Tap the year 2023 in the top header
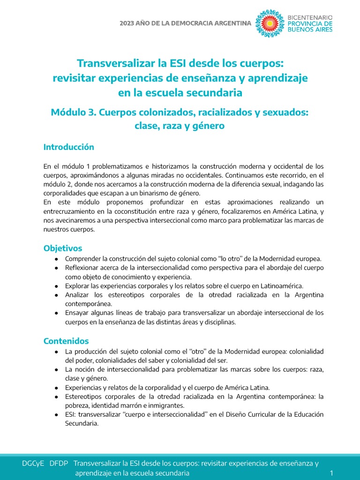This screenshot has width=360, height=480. (x=128, y=23)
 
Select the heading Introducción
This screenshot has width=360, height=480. (x=69, y=147)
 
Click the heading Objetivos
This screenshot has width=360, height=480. (x=63, y=248)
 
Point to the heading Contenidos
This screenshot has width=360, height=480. (x=66, y=341)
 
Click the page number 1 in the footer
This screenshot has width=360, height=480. (x=331, y=473)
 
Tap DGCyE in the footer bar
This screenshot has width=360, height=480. (x=33, y=463)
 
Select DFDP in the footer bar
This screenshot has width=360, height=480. (x=59, y=463)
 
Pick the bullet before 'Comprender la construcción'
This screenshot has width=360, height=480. (x=56, y=259)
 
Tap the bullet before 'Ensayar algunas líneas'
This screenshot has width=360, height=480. (x=56, y=313)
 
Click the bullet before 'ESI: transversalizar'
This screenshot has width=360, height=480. (x=56, y=415)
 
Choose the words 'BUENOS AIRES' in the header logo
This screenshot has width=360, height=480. (x=310, y=30)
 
